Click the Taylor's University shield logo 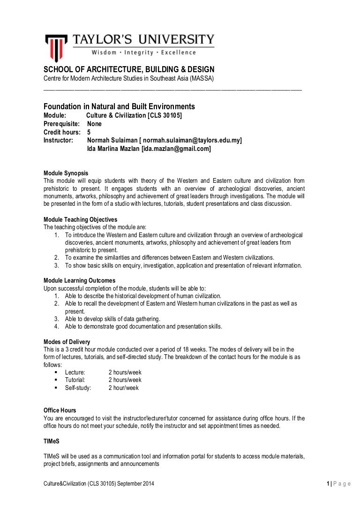point(56,47)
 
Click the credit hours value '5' point(89,132)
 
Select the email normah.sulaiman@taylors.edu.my point(192,140)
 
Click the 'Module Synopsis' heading point(66,173)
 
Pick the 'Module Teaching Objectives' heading point(80,219)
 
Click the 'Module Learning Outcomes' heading point(79,280)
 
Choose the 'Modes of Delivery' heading point(67,341)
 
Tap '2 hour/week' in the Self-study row point(123,388)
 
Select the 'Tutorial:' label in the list point(75,380)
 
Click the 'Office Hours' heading point(60,410)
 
